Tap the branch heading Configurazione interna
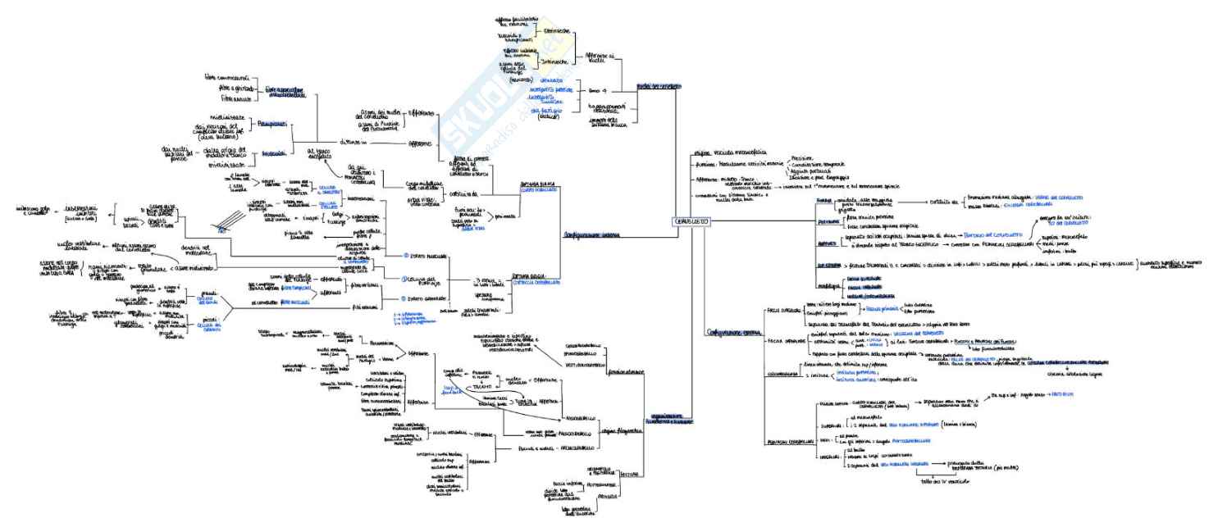coord(591,234)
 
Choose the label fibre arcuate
coord(222,99)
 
